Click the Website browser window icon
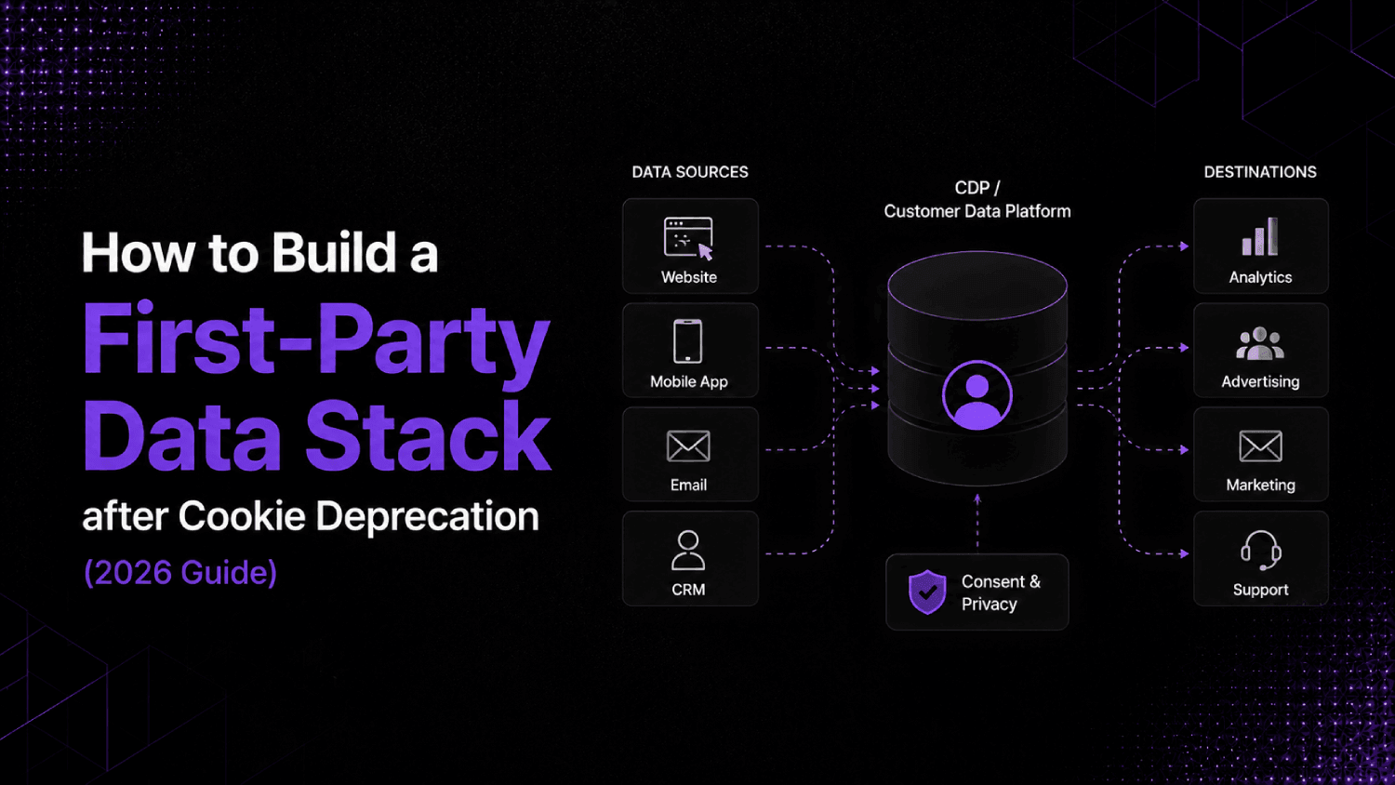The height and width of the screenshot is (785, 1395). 688,238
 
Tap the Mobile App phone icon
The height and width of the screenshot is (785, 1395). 688,340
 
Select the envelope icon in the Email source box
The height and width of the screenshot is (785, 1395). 688,446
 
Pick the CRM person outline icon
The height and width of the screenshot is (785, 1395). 688,550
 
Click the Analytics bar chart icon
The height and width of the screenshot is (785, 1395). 1260,237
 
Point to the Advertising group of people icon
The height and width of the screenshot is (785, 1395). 1260,343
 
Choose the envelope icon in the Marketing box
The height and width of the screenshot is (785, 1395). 1260,446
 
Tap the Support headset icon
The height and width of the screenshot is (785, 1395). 1260,550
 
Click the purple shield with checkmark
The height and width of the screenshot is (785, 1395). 927,592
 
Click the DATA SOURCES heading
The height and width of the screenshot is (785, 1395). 690,172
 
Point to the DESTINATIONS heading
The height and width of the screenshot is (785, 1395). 1260,172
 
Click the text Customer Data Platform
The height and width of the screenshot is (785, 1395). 977,211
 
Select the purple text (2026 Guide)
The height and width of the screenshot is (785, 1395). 180,573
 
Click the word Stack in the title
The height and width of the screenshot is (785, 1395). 428,435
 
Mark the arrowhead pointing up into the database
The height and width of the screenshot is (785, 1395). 977,499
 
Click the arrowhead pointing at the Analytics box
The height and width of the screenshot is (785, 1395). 1184,246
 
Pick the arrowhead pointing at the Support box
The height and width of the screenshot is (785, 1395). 1184,553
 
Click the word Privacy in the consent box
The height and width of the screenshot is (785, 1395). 989,605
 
